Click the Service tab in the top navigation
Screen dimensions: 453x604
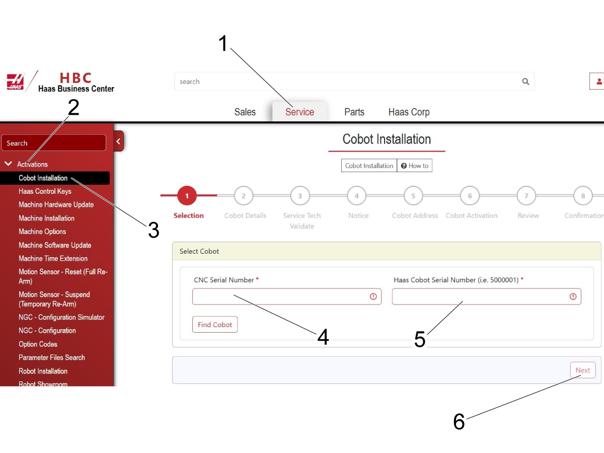coord(299,112)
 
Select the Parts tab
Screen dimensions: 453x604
coord(354,112)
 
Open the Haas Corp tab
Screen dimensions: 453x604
coord(409,112)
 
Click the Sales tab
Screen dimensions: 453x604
coord(245,112)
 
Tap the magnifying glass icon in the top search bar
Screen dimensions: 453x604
coord(525,82)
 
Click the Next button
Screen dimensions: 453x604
coord(583,370)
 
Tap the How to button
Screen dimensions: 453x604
coord(415,166)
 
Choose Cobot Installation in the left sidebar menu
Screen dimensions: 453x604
coord(43,178)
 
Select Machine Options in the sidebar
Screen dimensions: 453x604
coord(42,232)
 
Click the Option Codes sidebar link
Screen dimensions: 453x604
coord(38,344)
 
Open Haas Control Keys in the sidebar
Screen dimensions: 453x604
coord(45,191)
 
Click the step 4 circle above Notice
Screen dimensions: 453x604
coord(357,196)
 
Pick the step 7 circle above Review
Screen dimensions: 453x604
coord(526,196)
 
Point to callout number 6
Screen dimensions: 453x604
coord(459,422)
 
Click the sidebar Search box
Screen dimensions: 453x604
coord(54,143)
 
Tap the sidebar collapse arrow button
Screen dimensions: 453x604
coord(119,141)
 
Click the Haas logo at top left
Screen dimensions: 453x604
coord(15,81)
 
